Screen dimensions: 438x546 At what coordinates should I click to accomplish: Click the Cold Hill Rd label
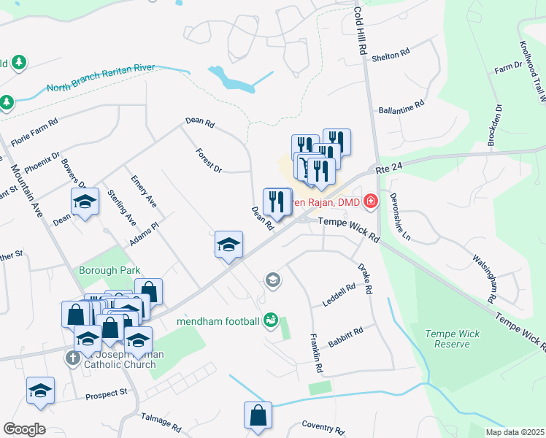tap(359, 30)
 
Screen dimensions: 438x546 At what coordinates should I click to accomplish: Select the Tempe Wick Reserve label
tap(453, 339)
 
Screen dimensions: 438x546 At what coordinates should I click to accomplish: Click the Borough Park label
tap(109, 270)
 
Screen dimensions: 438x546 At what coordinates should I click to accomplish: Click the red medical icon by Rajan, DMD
tap(371, 199)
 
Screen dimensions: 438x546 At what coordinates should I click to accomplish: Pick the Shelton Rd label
tap(391, 55)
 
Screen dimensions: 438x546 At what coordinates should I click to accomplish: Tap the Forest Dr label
tap(209, 161)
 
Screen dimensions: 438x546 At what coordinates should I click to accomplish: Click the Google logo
tap(24, 429)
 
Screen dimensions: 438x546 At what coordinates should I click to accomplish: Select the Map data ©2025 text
tap(515, 432)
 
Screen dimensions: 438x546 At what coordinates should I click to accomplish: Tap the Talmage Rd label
tap(160, 423)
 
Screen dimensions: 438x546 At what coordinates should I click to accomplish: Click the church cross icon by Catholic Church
tap(72, 358)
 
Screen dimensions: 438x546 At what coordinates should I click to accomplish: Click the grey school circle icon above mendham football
tap(273, 280)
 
